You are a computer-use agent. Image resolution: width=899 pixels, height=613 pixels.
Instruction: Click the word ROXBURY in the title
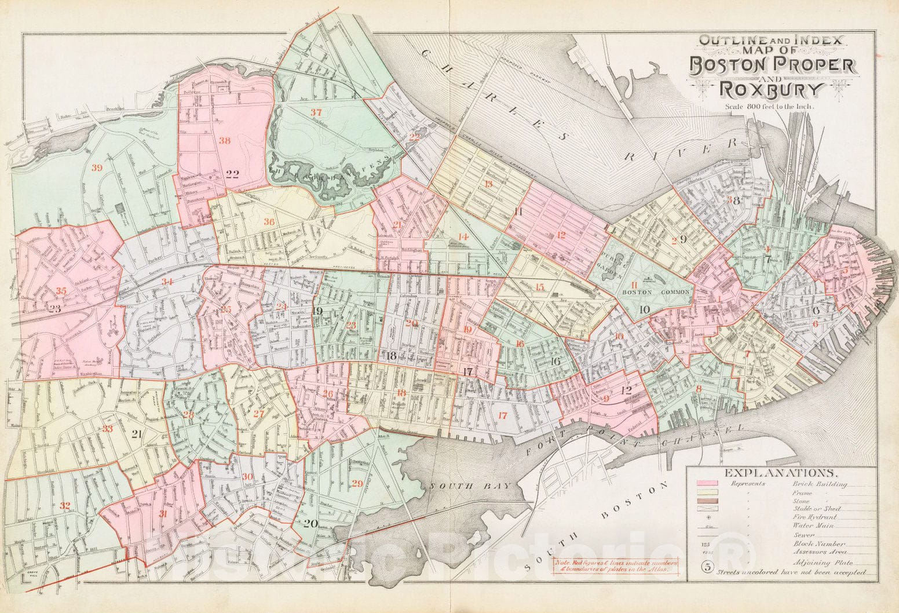click(x=770, y=90)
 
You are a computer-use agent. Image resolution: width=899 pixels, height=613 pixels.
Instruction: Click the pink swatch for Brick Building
click(x=709, y=483)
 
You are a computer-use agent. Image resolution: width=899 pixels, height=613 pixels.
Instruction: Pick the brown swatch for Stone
click(x=709, y=501)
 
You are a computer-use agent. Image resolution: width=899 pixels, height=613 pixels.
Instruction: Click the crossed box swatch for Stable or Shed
click(x=709, y=509)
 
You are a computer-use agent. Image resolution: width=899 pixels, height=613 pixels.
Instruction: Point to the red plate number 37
click(x=316, y=112)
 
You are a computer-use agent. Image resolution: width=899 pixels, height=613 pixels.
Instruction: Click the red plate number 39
click(x=97, y=168)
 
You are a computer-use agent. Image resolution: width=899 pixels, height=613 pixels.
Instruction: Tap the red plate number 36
click(x=269, y=221)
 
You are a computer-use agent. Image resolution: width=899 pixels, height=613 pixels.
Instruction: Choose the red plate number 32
click(x=65, y=506)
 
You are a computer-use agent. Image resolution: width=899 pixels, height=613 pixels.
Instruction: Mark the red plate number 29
click(x=357, y=484)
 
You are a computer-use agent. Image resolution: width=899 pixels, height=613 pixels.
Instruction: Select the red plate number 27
click(x=258, y=414)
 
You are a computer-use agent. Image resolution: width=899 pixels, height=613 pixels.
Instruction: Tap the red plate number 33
click(x=108, y=429)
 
